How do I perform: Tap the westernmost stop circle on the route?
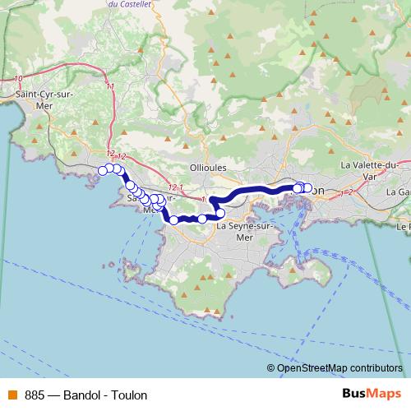103,170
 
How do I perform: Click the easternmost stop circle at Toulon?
307,188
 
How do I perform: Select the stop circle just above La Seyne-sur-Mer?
220,214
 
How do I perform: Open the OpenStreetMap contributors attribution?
339,368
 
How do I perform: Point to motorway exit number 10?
18,79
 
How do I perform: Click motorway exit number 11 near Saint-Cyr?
109,85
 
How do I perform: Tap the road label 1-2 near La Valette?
345,192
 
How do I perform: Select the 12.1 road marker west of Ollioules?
169,187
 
